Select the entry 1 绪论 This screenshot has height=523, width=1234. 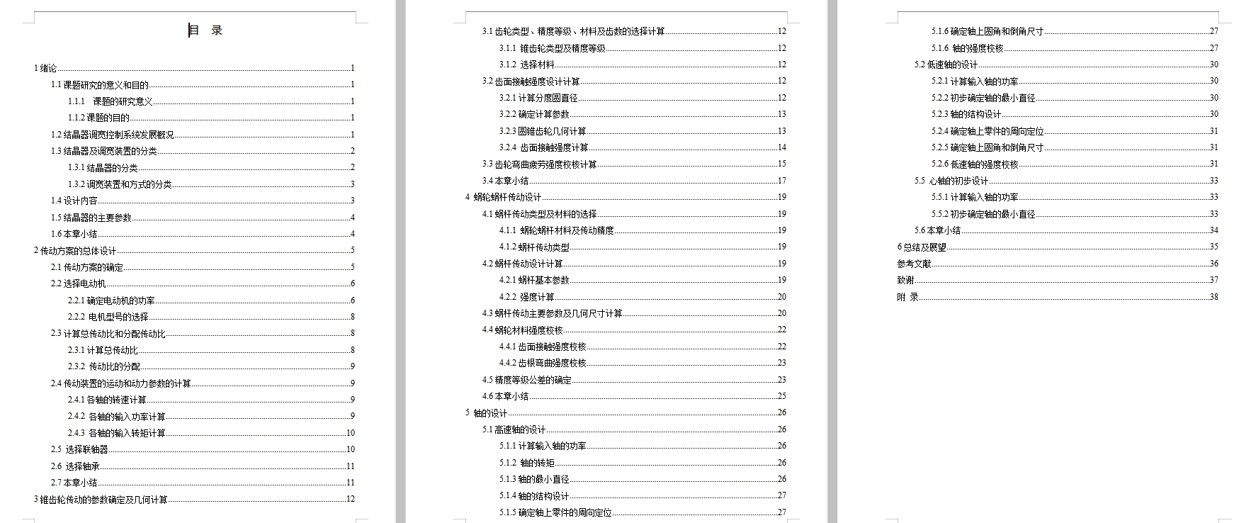coord(45,68)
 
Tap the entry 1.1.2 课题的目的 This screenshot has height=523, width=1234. coord(98,118)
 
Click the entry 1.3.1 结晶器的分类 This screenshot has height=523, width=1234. coord(103,168)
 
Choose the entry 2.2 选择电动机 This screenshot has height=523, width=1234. coord(78,283)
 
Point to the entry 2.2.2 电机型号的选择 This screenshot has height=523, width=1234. coord(108,317)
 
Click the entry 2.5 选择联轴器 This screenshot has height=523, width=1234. coord(79,449)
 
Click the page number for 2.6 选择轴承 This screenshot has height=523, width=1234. coord(350,466)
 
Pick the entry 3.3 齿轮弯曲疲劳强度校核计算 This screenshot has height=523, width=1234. coord(539,164)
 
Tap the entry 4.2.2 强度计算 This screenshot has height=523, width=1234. coord(526,297)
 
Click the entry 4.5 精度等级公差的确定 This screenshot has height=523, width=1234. coord(526,380)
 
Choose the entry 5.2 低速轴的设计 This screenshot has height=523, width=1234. coord(946,64)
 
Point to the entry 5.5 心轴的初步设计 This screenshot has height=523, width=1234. coord(951,181)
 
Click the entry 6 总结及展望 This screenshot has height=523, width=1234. coord(922,247)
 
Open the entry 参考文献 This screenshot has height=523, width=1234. coord(914,264)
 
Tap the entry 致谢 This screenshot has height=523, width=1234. coord(905,280)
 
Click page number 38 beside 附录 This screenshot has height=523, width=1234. coord(1213,297)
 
